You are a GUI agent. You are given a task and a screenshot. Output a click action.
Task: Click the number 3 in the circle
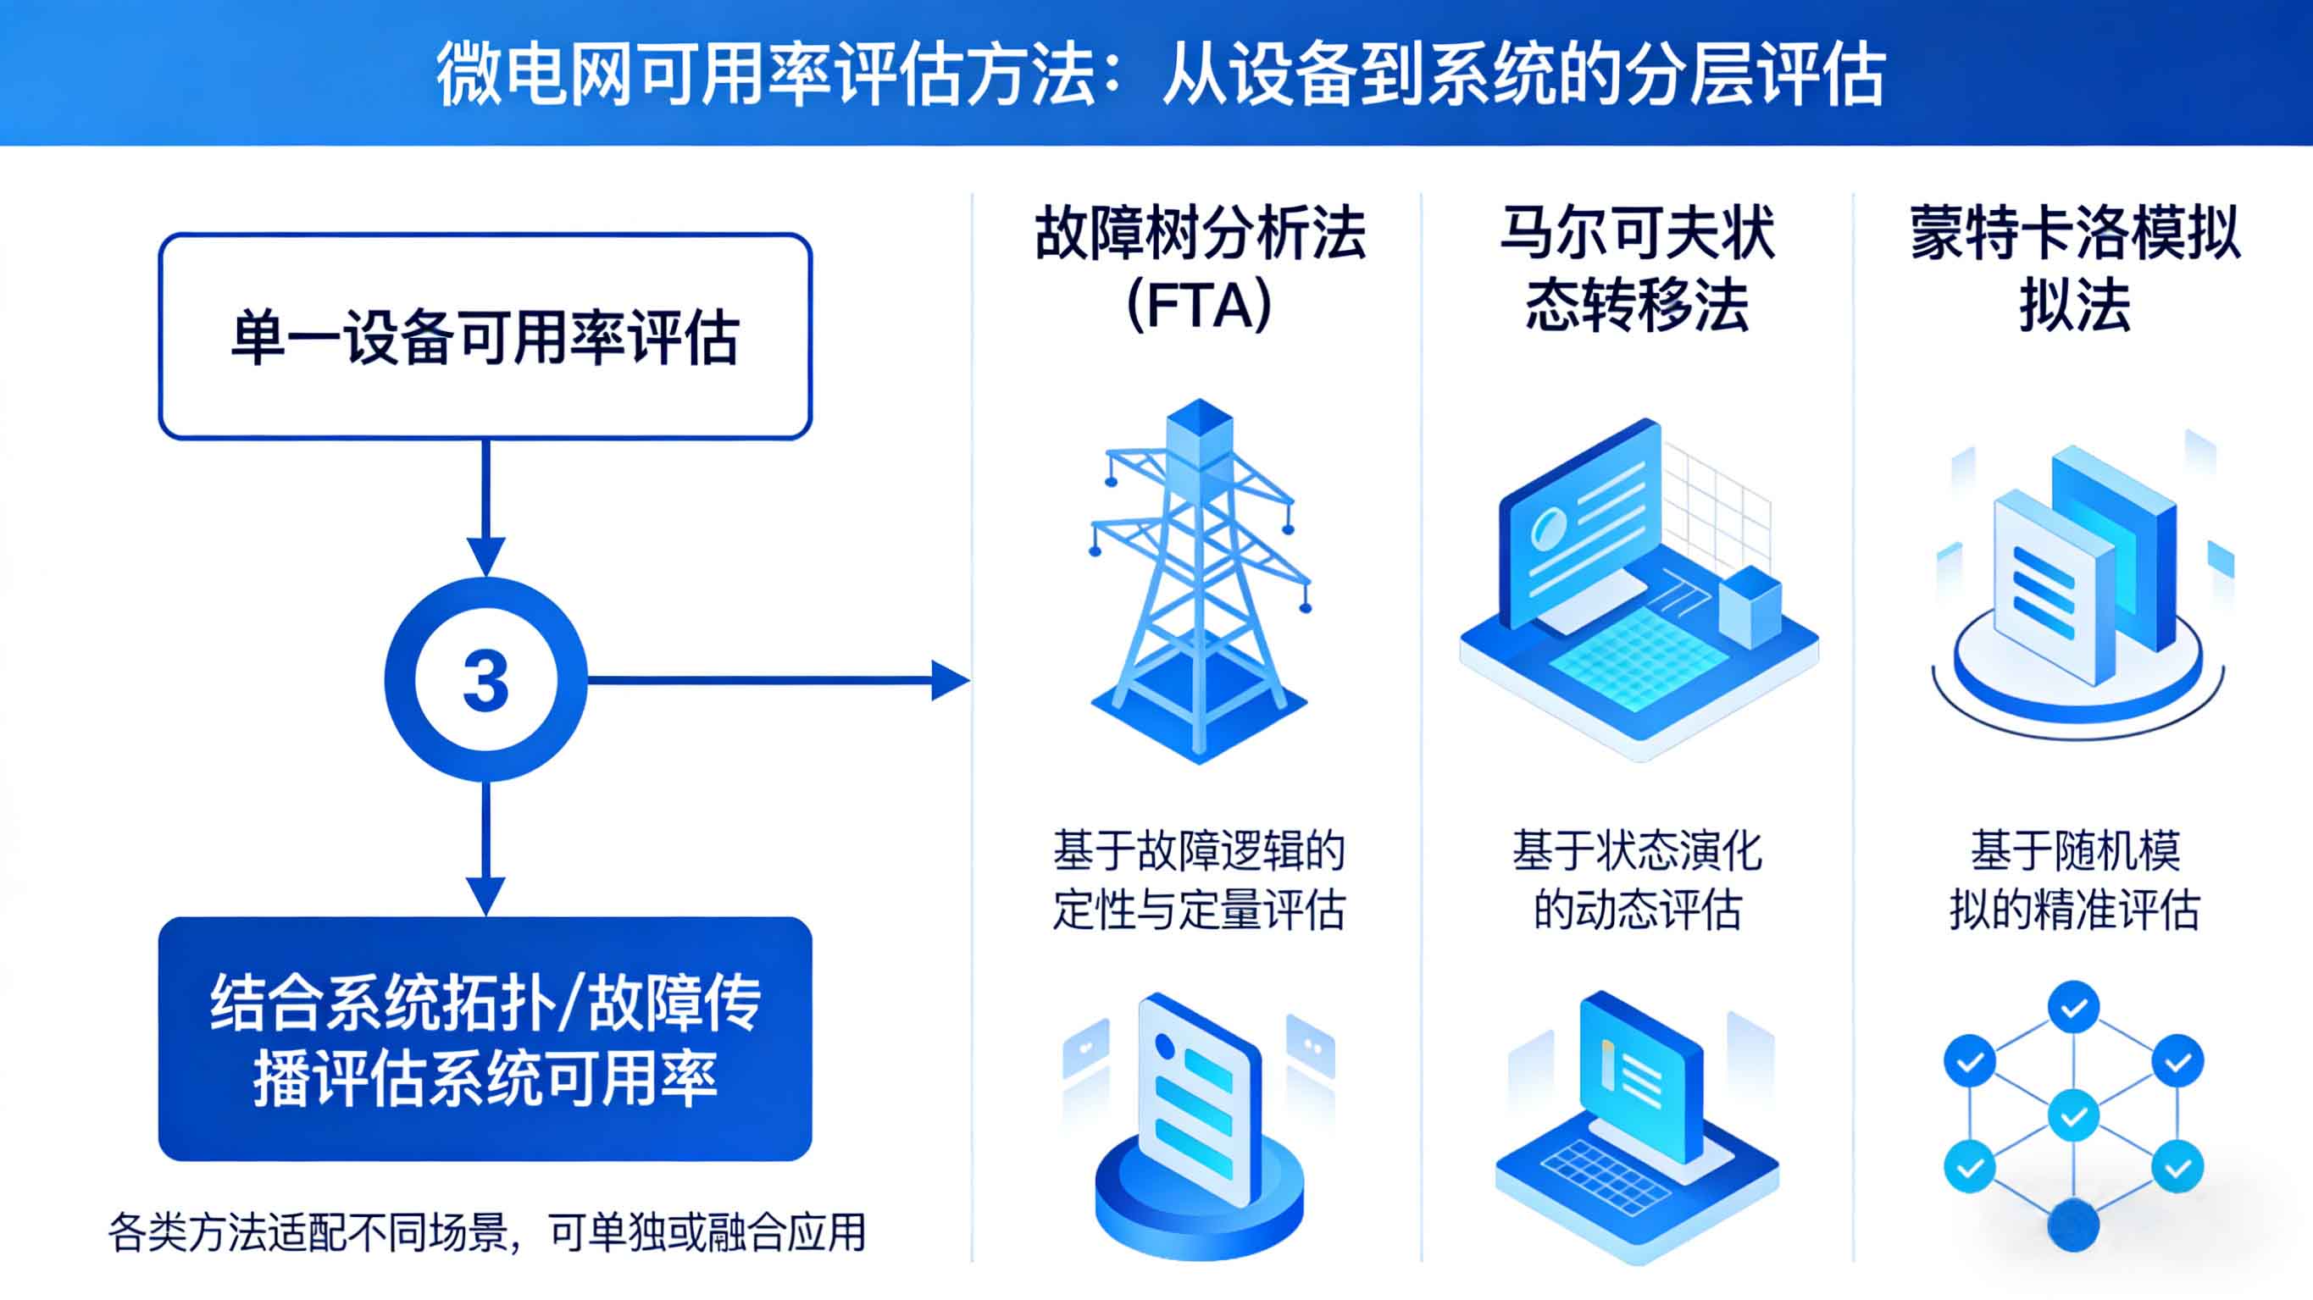point(485,679)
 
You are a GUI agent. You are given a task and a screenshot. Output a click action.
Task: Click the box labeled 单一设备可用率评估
point(485,337)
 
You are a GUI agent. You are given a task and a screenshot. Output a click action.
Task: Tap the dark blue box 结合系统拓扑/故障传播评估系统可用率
point(485,1039)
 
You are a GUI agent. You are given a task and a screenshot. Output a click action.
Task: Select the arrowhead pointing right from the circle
point(950,679)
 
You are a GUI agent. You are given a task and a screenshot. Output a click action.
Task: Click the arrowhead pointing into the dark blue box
point(485,896)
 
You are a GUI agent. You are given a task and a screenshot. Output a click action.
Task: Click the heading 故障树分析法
point(1199,234)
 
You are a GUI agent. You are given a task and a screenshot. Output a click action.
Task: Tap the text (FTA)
point(1199,305)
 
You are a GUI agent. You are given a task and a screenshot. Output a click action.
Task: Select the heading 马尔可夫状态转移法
point(1637,269)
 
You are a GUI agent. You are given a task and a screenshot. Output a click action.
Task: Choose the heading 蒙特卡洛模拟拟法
point(2074,269)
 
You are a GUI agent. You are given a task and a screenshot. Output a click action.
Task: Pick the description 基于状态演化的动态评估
point(1637,880)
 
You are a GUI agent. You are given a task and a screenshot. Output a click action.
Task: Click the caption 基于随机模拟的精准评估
point(2074,880)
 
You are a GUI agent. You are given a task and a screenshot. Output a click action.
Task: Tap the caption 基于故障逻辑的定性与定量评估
point(1199,880)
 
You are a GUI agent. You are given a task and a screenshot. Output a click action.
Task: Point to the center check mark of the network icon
point(2073,1116)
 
